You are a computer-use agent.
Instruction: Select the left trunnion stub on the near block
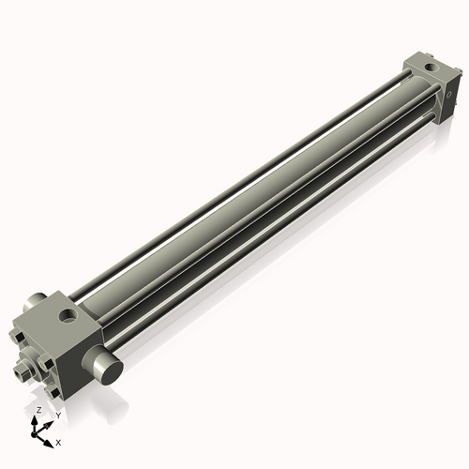tap(30, 305)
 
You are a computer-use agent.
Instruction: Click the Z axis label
tap(38, 411)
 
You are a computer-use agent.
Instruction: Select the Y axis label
tap(57, 415)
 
